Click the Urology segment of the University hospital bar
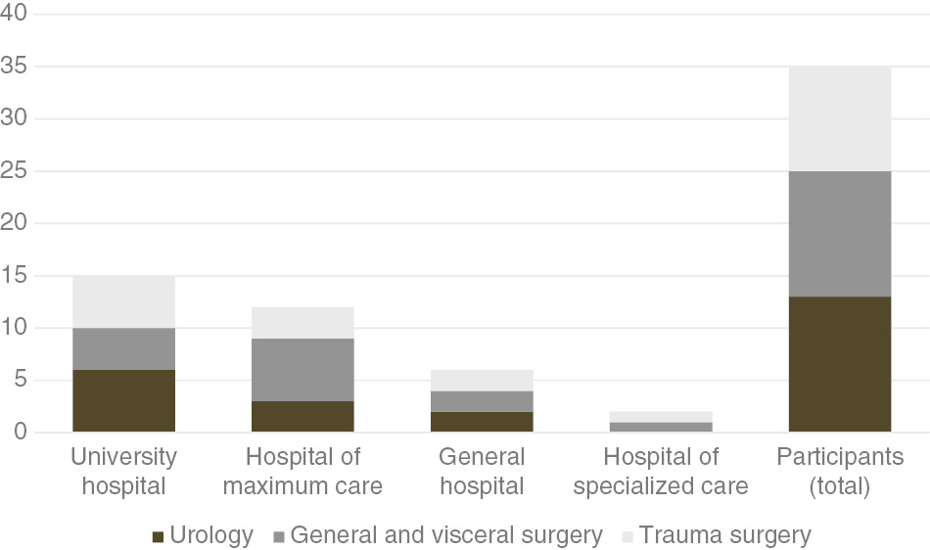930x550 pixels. coord(124,401)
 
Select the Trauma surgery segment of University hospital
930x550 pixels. coord(124,301)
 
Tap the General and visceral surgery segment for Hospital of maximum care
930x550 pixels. coord(302,370)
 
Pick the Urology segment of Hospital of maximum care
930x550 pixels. coord(302,416)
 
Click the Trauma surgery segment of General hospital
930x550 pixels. coord(482,380)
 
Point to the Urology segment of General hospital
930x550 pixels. coord(482,422)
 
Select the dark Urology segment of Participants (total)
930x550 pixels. coord(839,364)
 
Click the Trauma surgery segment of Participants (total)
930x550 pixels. coord(839,119)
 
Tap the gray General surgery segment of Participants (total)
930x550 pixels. coord(839,234)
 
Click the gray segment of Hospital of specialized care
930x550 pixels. coord(661,427)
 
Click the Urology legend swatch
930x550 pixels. coord(158,536)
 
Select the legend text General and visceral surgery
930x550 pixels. coord(445,535)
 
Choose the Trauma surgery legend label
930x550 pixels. coord(723,535)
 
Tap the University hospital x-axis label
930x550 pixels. coord(124,471)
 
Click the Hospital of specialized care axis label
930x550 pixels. coord(661,471)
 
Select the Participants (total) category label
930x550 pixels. coord(839,471)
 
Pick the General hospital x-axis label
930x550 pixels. coord(482,471)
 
